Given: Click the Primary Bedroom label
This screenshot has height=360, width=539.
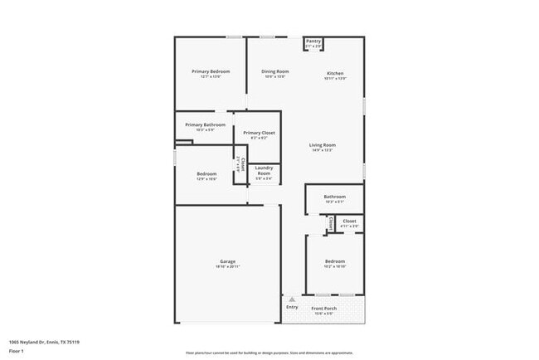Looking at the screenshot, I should coord(211,71).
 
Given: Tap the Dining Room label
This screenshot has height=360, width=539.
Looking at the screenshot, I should coord(275,71).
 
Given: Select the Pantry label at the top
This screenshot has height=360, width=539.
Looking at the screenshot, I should coord(313,41).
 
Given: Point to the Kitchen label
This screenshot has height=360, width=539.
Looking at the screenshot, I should coord(335,73).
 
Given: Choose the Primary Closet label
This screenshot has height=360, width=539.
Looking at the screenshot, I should coord(259,133).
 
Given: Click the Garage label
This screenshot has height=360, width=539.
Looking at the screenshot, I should coord(227,261).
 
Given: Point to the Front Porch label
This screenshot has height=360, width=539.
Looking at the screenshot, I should coord(323,308).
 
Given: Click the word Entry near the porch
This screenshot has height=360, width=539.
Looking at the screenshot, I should coord(292,307).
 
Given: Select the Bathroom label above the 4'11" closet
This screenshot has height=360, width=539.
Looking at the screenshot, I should coord(334,197).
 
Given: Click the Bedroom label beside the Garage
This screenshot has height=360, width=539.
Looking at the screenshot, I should coord(334,261).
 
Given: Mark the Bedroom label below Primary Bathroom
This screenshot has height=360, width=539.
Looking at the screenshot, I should coord(206,173).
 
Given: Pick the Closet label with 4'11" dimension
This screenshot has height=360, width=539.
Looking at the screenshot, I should coord(349,221).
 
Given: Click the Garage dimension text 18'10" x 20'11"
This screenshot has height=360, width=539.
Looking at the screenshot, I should coord(227,266).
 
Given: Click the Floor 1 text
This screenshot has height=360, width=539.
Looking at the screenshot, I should coord(17,352).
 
